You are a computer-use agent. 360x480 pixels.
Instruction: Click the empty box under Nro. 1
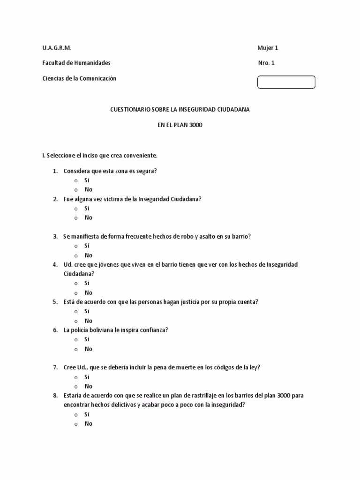286,82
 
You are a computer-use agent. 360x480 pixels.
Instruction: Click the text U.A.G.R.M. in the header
57,48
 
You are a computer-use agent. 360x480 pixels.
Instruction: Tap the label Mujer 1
268,48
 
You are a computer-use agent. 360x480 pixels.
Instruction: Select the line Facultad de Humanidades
76,63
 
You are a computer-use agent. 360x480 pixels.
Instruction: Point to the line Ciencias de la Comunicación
79,78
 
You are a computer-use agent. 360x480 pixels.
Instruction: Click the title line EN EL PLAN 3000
180,125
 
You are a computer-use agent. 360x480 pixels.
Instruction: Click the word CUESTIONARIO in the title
130,109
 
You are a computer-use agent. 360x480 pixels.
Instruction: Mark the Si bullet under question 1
76,180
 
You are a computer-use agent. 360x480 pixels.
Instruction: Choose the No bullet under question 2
76,218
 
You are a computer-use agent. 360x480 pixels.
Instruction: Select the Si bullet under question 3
76,246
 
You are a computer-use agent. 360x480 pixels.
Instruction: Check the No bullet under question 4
76,293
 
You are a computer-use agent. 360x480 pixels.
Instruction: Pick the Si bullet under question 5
76,312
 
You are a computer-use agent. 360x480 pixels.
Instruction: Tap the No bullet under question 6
76,349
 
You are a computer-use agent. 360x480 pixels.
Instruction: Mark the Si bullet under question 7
76,377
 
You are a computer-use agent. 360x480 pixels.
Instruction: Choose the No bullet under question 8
76,424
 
